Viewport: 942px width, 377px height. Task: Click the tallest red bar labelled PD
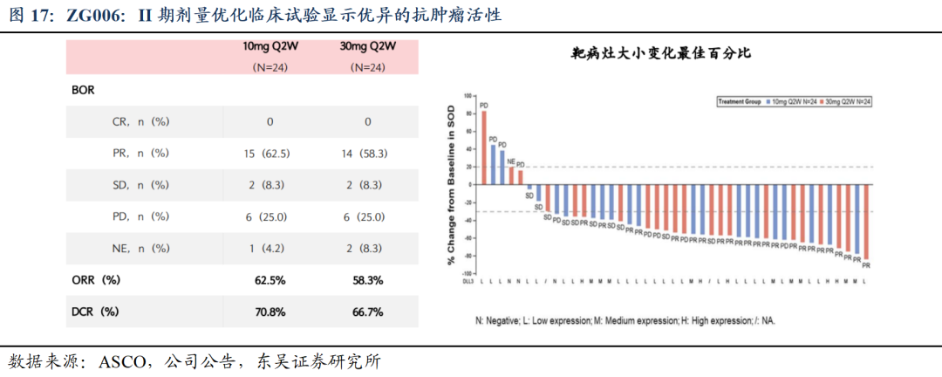click(484, 147)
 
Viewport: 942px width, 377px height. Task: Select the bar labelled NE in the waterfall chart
click(511, 175)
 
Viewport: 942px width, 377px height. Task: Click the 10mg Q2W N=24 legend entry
click(791, 102)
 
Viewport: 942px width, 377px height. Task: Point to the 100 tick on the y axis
click(468, 95)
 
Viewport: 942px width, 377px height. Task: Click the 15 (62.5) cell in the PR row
click(270, 153)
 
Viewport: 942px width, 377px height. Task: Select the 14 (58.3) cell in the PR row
click(367, 153)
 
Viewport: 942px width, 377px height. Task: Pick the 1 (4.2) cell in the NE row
click(270, 248)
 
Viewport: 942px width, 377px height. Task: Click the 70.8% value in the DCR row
click(270, 311)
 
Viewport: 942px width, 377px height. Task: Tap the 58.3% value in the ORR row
click(367, 280)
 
